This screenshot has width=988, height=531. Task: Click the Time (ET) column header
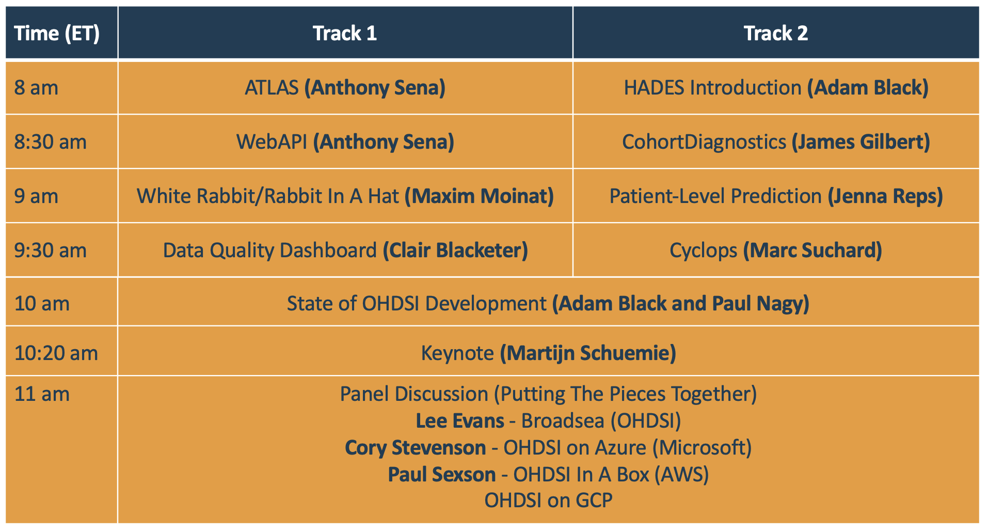click(57, 34)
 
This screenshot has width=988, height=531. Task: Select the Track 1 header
click(345, 34)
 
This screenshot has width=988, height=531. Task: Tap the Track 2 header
click(776, 34)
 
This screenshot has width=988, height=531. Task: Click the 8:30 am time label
click(51, 142)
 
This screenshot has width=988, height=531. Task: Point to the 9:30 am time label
click(51, 251)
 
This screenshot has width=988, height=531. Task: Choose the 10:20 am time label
click(56, 353)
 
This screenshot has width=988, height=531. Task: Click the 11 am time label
click(42, 394)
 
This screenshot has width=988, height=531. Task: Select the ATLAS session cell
click(345, 88)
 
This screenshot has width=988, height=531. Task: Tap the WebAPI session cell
click(345, 142)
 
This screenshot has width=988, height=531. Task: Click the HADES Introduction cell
click(776, 88)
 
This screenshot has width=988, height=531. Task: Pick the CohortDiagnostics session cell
click(776, 142)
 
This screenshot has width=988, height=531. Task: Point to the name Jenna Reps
click(885, 196)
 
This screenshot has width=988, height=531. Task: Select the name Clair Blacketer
click(455, 251)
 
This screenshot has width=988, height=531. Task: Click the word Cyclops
click(703, 251)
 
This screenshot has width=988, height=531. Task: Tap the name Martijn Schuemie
click(588, 353)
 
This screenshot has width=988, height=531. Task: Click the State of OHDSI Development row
click(548, 304)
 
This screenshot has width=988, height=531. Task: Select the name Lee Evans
click(460, 421)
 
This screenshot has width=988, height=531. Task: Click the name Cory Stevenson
click(416, 448)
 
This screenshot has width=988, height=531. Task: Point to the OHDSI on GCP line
click(548, 501)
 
